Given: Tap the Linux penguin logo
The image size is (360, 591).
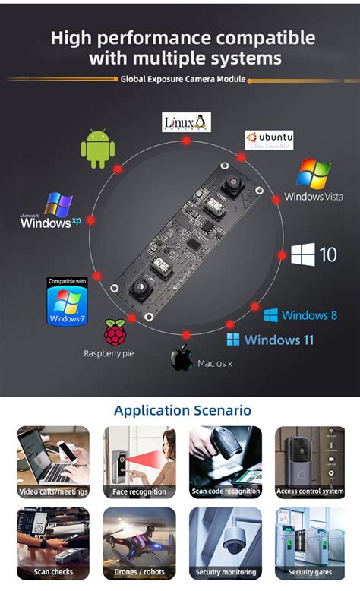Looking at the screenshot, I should (x=187, y=122).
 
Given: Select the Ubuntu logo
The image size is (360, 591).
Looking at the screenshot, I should (x=269, y=140).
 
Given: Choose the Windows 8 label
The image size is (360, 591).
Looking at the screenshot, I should (x=300, y=314).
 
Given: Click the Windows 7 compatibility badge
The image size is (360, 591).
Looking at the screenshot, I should (x=67, y=301).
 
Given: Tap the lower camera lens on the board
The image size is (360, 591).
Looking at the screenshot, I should (x=141, y=287).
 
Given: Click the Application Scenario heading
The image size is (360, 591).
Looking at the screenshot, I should (x=182, y=410).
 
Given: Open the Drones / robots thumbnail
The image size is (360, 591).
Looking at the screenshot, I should (x=139, y=542).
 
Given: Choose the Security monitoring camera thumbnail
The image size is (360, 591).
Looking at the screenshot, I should (x=226, y=542).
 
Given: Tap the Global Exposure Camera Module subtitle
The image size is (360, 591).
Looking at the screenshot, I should (x=183, y=79).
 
